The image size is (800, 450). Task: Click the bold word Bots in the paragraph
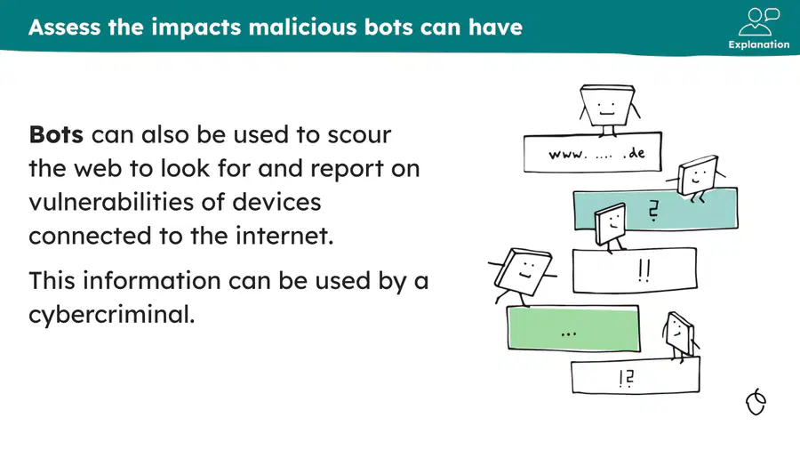click(x=56, y=134)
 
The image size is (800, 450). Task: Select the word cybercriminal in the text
click(x=112, y=314)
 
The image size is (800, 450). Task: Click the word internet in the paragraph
click(x=284, y=236)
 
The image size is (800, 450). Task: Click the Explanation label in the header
click(x=759, y=44)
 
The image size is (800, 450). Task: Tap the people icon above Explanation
click(x=759, y=21)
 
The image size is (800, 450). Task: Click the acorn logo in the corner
click(x=756, y=402)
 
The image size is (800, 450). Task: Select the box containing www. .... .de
click(x=592, y=152)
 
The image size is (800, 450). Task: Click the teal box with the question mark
click(x=655, y=209)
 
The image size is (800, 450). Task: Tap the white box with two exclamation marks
click(x=635, y=269)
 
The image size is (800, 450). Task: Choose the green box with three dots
click(x=573, y=328)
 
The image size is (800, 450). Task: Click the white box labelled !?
click(x=636, y=376)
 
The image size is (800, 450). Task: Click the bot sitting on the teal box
click(x=696, y=178)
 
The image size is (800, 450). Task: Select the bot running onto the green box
click(x=522, y=276)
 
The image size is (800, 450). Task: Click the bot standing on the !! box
click(x=611, y=227)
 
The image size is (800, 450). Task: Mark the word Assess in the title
click(x=64, y=27)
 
